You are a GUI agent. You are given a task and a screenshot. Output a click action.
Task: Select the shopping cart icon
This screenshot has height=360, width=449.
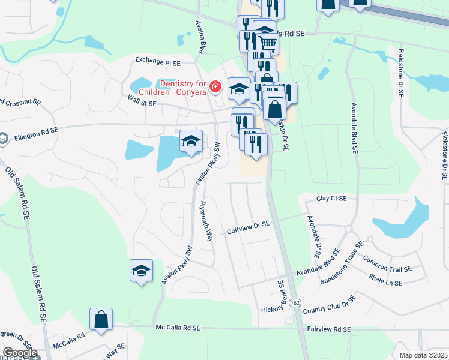coord(268,43)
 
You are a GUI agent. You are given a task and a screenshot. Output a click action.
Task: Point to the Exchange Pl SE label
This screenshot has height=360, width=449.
coord(158,61)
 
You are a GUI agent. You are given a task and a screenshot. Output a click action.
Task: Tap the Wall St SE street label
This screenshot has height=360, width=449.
coord(141,103)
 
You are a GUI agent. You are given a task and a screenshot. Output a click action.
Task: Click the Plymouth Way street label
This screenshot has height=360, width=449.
coord(207,221)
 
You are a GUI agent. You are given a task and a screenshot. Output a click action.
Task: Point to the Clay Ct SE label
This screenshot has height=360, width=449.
coord(332,198)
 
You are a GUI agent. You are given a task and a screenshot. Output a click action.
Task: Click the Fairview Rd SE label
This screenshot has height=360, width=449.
coord(329,329)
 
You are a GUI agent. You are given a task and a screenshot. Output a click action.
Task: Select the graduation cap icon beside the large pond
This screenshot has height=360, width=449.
coord(191,142)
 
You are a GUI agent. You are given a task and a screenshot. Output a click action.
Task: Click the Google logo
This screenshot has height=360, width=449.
coord(19,353)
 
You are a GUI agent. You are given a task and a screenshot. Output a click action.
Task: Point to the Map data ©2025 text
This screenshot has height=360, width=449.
coord(423,355)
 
